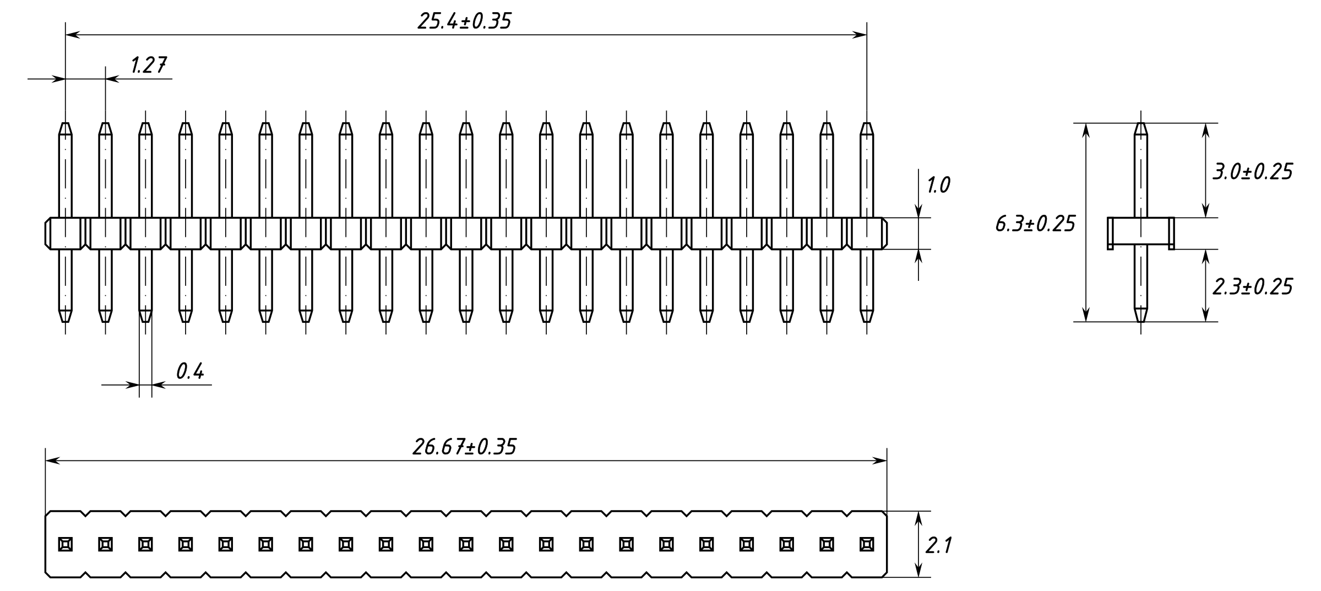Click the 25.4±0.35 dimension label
pos(464,21)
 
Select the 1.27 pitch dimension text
pos(149,66)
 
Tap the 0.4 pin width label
pos(190,372)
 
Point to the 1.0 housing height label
pos(938,186)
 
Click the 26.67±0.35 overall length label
pos(464,447)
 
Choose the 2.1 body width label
pos(939,546)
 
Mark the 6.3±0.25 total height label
pos(1035,224)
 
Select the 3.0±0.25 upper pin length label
pos(1253,172)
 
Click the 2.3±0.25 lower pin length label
pos(1253,287)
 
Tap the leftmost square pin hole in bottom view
pos(66,545)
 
